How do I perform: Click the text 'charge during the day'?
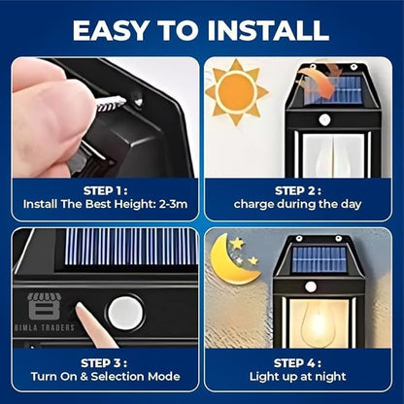point(300,205)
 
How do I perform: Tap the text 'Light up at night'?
point(300,375)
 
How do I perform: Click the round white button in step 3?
point(125,313)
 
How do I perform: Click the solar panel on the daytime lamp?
point(336,90)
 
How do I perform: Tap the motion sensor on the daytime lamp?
point(324,119)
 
